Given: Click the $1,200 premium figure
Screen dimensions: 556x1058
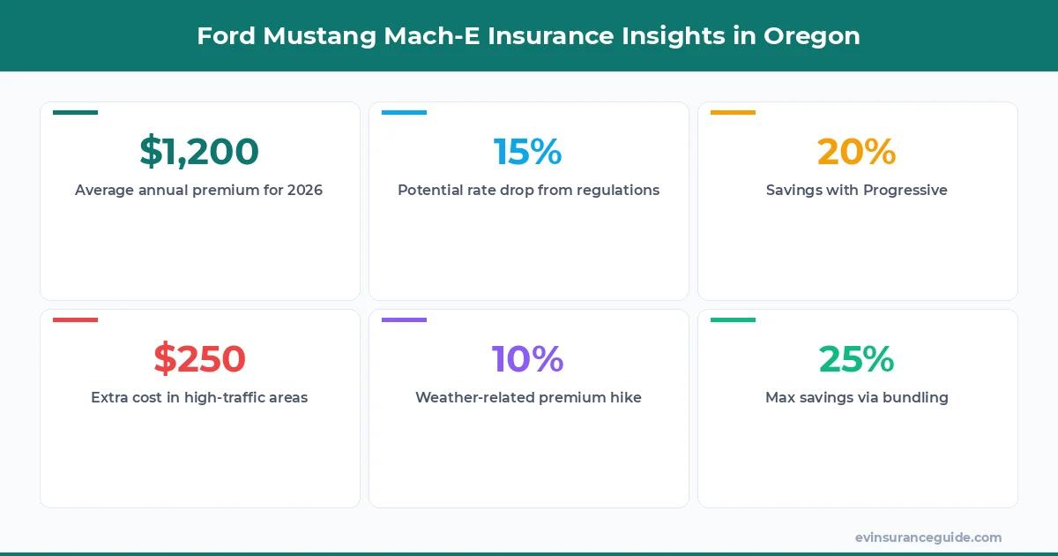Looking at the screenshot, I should (199, 152).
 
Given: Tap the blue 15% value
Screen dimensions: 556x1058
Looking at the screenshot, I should (527, 152).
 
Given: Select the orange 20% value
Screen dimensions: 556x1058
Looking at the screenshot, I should (856, 152).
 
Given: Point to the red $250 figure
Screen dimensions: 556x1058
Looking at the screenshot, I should (199, 359).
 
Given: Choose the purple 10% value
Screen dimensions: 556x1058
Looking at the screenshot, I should (527, 359).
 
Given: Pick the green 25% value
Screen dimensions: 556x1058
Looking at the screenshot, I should (856, 359).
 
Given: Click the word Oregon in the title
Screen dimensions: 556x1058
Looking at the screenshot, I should (811, 36).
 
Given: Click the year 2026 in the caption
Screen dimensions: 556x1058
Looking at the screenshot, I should (305, 190).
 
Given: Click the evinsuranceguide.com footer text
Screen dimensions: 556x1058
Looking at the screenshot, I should (928, 537).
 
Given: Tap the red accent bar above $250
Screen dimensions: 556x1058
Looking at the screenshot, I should (75, 319).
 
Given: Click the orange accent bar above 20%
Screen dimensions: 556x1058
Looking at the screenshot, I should (733, 112).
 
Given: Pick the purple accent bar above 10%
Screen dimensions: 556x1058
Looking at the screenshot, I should (404, 319).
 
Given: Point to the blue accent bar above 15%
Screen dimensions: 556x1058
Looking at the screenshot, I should (404, 112).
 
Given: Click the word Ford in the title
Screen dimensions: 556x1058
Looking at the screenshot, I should (222, 36).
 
